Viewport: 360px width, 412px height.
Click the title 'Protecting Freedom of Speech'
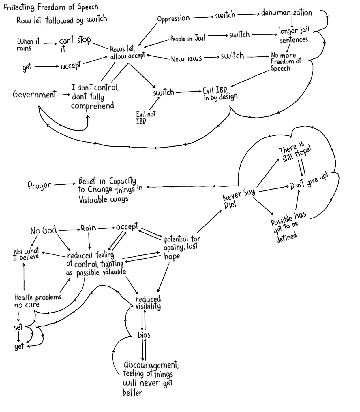click(51, 7)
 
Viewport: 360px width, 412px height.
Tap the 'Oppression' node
click(173, 18)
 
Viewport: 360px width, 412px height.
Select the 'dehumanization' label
click(286, 13)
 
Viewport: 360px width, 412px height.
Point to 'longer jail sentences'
click(294, 35)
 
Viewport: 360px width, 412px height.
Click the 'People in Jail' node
click(187, 38)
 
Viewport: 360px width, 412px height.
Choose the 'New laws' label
click(186, 59)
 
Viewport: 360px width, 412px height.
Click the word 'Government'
click(34, 94)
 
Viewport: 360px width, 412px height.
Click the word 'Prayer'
click(39, 185)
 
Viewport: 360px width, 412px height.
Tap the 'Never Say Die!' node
click(238, 199)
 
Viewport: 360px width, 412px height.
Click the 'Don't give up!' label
click(309, 182)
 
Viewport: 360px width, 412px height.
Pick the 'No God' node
click(44, 230)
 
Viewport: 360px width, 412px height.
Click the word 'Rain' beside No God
click(88, 228)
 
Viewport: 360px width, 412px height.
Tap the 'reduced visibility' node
click(148, 303)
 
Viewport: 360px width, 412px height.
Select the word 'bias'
click(144, 335)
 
